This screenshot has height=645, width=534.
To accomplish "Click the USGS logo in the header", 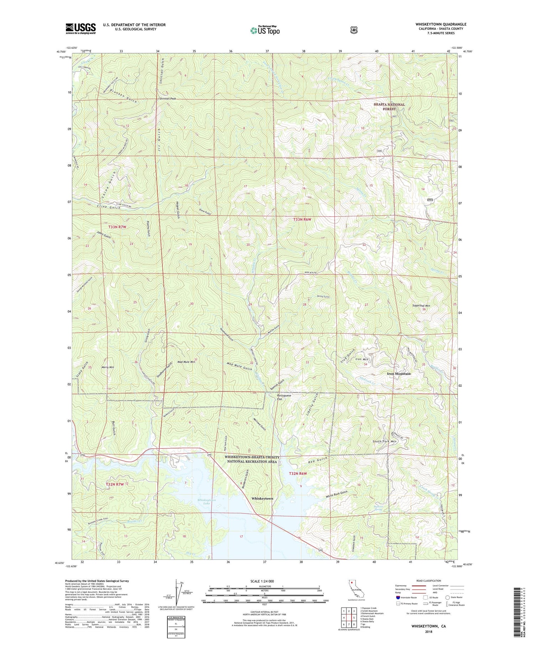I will (80, 28).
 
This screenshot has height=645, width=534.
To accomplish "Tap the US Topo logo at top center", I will (265, 30).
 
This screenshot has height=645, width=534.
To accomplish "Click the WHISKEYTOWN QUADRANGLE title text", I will (441, 24).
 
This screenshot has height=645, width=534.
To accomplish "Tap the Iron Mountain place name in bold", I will (399, 374).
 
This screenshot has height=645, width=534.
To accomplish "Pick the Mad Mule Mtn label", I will (185, 361).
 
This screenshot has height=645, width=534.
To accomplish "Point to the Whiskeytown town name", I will (262, 498).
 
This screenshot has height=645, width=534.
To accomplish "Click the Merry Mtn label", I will (108, 367).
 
